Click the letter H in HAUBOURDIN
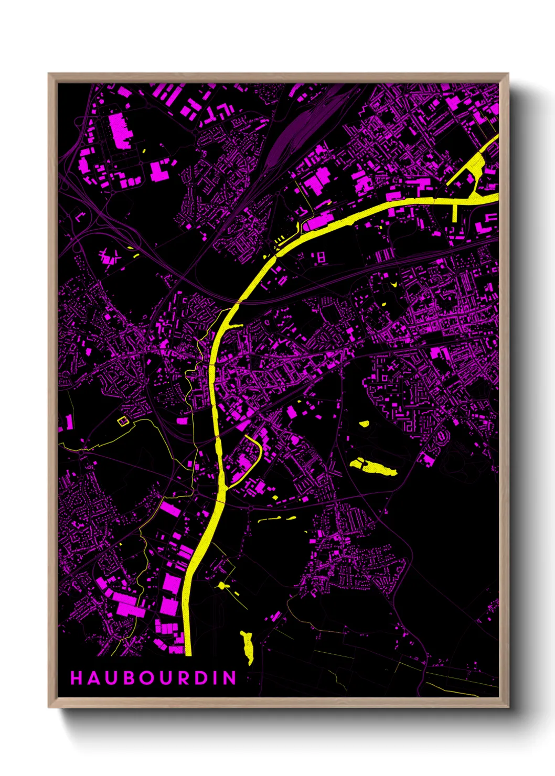coord(76,678)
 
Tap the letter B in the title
coord(128,678)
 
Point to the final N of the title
coord(230,678)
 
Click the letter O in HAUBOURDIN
coord(146,678)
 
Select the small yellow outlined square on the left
coord(123,421)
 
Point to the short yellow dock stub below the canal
coord(455,212)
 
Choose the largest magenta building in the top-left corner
coord(120,130)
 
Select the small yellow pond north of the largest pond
coord(364,424)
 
